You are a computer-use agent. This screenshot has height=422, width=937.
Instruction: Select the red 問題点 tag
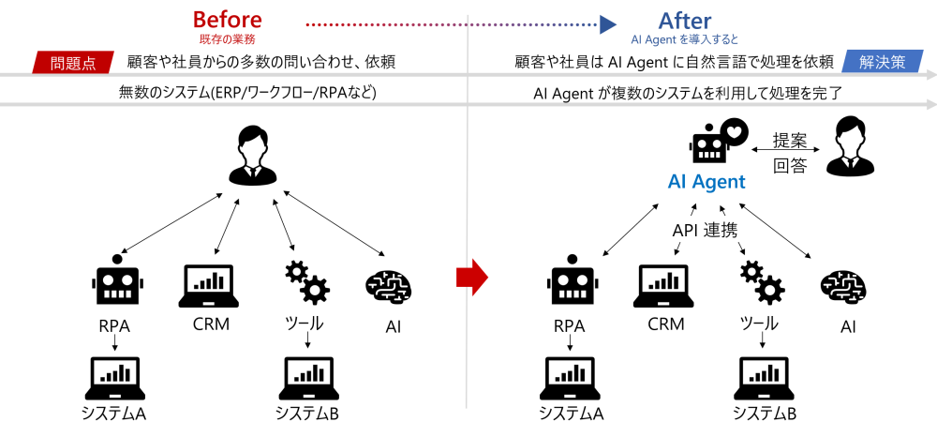[x=73, y=63]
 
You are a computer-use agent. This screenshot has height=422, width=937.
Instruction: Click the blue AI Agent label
[x=706, y=182]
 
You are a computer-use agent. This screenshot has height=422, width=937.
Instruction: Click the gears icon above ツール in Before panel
[x=305, y=282]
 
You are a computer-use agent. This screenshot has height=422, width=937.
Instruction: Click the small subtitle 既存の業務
[x=227, y=40]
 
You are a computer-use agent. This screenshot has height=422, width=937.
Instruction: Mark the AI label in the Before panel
[x=394, y=328]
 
